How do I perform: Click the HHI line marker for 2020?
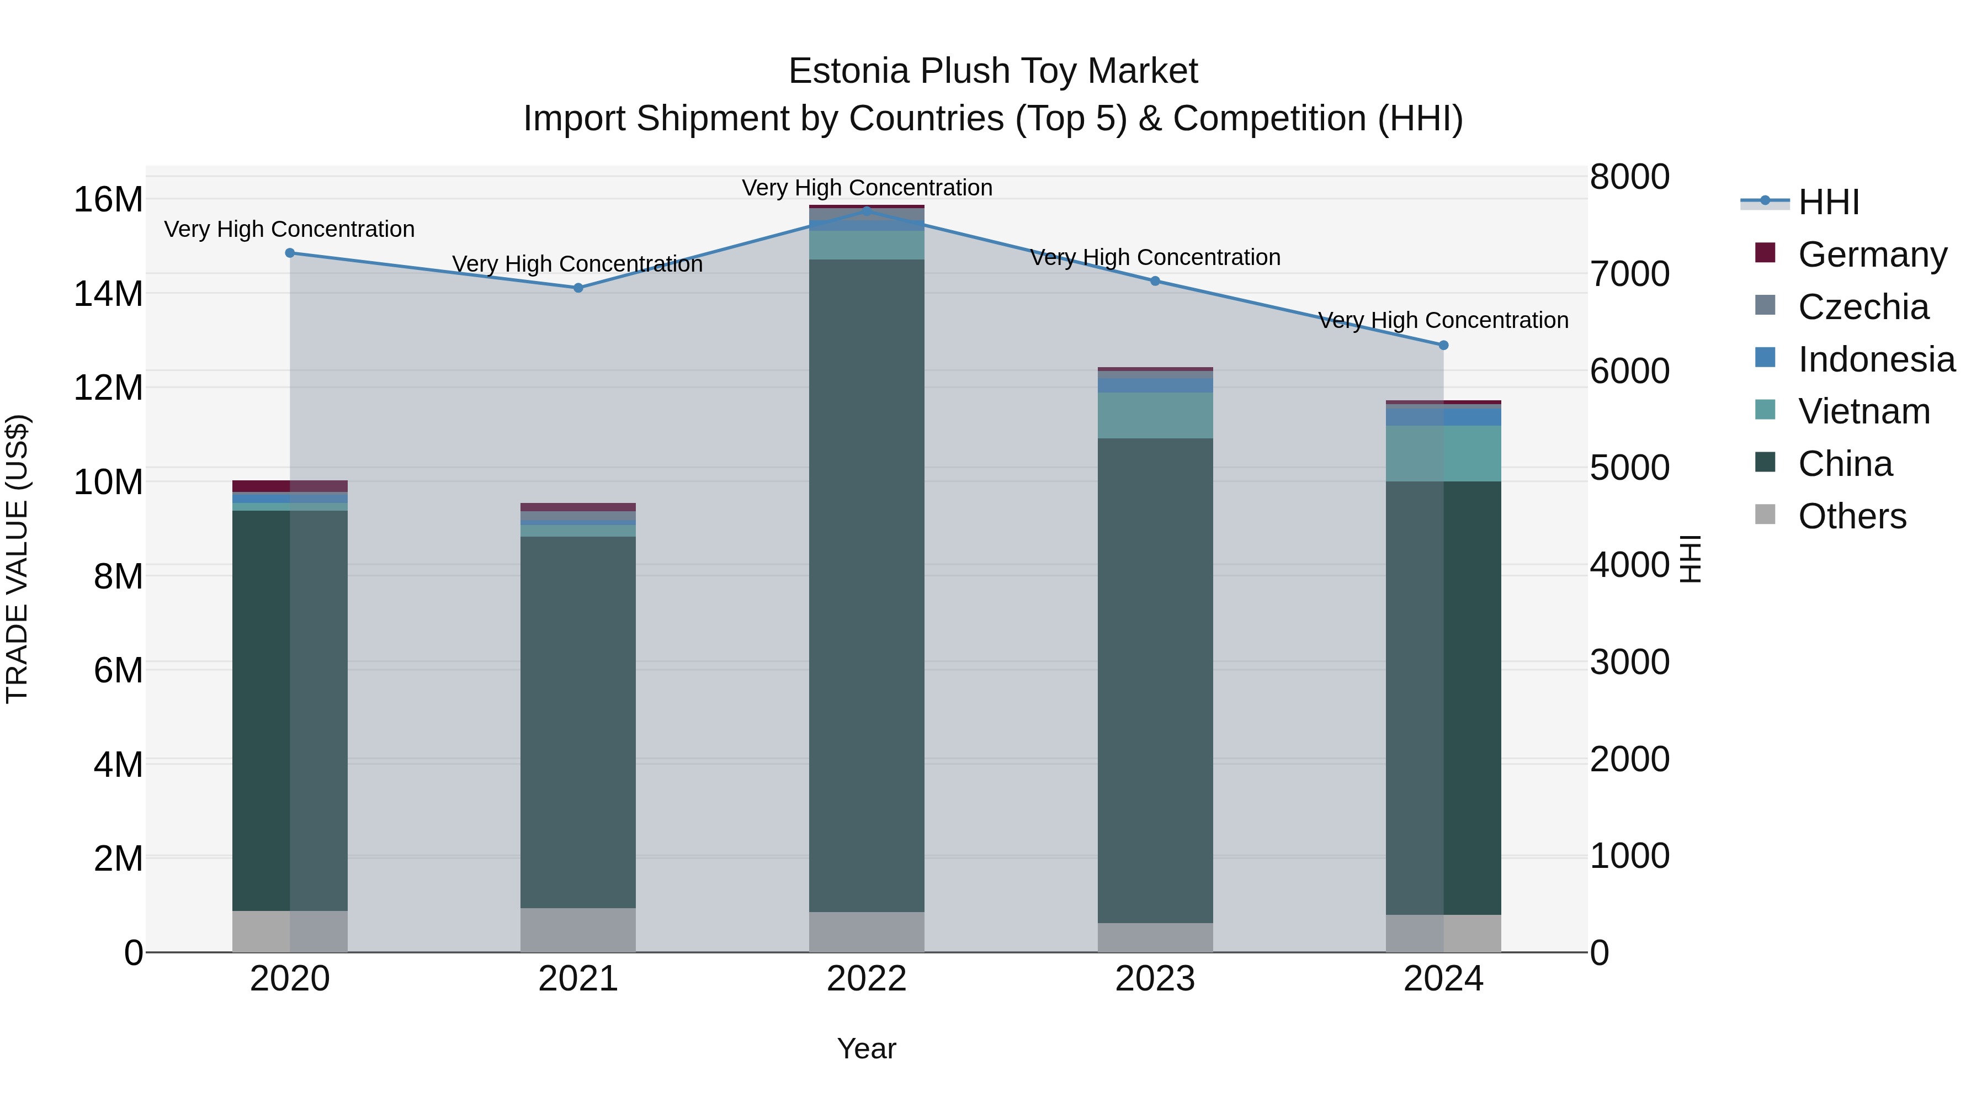point(290,253)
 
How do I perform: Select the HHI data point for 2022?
point(866,211)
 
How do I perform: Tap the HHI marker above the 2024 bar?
point(1443,345)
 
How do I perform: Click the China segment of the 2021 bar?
point(578,722)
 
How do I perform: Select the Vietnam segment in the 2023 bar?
point(1155,415)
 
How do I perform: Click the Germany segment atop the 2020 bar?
point(290,486)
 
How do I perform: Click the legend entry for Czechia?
point(1862,307)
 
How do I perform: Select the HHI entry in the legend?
point(1828,202)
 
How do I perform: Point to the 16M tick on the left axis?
point(108,200)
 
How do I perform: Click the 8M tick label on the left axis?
point(118,576)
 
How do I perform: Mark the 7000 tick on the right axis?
point(1629,274)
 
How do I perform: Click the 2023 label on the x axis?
point(1155,979)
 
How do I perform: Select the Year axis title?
point(866,1048)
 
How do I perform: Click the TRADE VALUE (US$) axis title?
point(17,559)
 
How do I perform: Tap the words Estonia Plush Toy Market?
point(993,71)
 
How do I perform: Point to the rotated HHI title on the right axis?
point(1690,559)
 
